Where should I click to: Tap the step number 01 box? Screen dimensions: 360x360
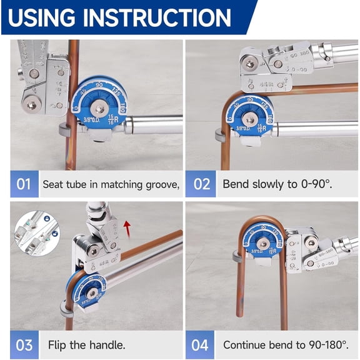tap(24, 184)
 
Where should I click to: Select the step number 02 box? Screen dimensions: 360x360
tap(201, 184)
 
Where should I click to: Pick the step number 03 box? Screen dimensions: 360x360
tap(24, 344)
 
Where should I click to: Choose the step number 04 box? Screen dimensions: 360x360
tap(201, 344)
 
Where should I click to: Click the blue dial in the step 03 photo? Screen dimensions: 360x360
tap(91, 290)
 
